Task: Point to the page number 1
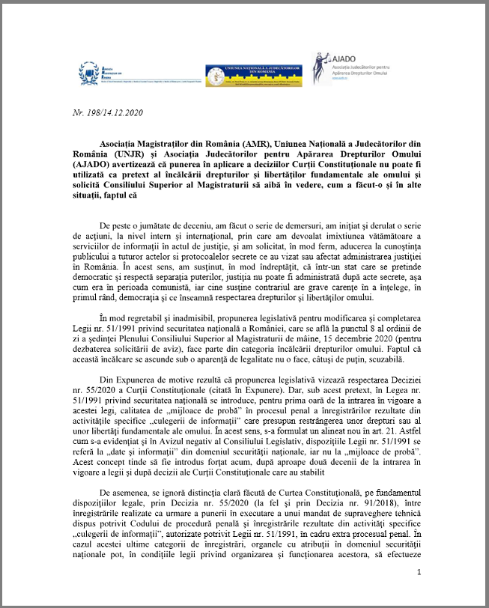419,573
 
